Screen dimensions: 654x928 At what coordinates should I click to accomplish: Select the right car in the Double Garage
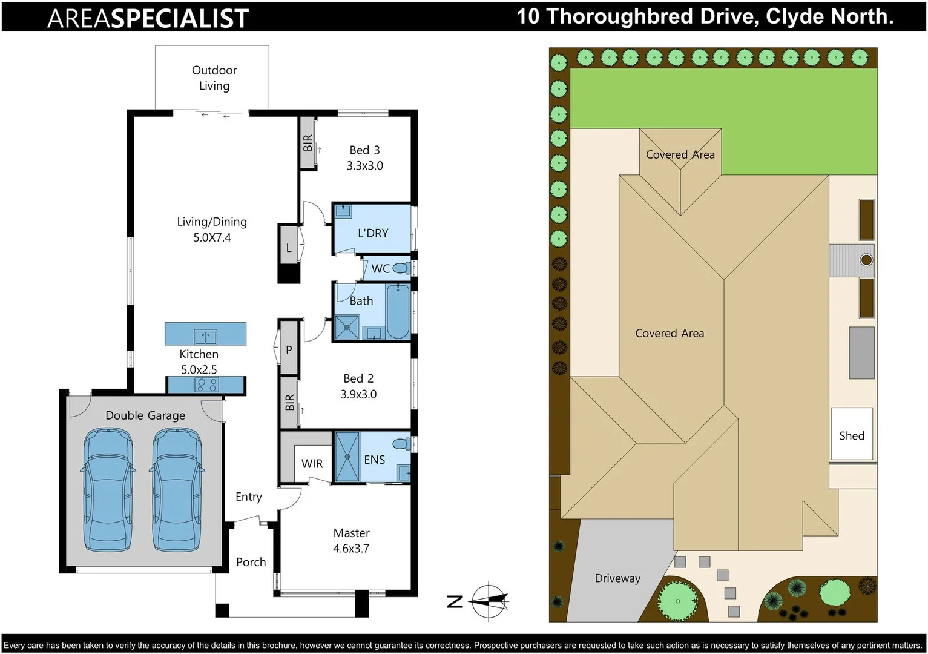pos(177,489)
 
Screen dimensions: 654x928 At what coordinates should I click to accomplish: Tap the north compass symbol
pos(488,601)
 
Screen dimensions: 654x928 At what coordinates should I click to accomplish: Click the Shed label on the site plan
pos(851,435)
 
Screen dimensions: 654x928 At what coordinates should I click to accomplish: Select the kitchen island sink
pos(205,337)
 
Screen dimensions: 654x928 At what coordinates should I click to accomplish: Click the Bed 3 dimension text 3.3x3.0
pos(364,165)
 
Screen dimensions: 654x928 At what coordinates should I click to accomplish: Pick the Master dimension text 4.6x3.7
pos(351,548)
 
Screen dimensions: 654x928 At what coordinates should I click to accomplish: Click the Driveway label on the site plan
pos(617,578)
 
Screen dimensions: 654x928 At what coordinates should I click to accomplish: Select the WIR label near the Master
pos(312,463)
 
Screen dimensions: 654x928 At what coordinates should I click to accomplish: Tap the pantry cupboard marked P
pos(289,349)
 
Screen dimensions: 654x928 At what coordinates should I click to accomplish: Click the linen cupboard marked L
pos(289,248)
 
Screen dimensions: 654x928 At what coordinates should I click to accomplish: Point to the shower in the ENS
pos(347,457)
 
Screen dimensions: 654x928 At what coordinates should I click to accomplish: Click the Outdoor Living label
pos(214,78)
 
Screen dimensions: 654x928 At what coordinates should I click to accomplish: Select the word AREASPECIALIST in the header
pos(148,18)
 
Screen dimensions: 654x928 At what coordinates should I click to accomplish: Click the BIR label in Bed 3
pos(308,143)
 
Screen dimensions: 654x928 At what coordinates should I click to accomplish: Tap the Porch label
pos(251,562)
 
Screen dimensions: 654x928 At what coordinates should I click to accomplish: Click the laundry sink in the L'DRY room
pos(343,211)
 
